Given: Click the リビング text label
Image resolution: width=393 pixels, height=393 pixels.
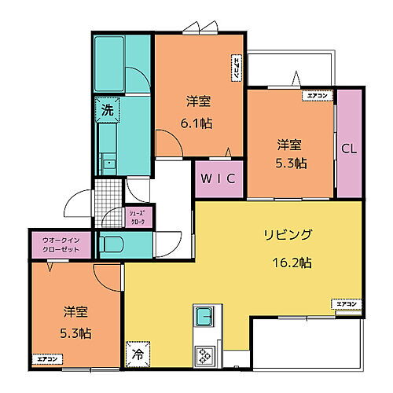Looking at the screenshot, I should pyautogui.click(x=288, y=234).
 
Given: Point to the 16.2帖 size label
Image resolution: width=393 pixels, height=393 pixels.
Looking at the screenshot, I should pyautogui.click(x=292, y=263).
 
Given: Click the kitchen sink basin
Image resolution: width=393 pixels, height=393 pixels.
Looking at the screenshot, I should pyautogui.click(x=205, y=317).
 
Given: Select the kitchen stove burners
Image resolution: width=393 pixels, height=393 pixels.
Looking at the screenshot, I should pyautogui.click(x=206, y=354).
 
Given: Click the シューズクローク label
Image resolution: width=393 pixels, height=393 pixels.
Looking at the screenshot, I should pyautogui.click(x=138, y=217).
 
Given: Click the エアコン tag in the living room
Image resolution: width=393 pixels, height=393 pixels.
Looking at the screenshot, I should pyautogui.click(x=347, y=303).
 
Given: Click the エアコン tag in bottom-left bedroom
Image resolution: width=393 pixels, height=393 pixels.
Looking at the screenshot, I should pyautogui.click(x=47, y=359).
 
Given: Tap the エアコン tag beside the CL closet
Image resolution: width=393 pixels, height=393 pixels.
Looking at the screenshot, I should pyautogui.click(x=317, y=96).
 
